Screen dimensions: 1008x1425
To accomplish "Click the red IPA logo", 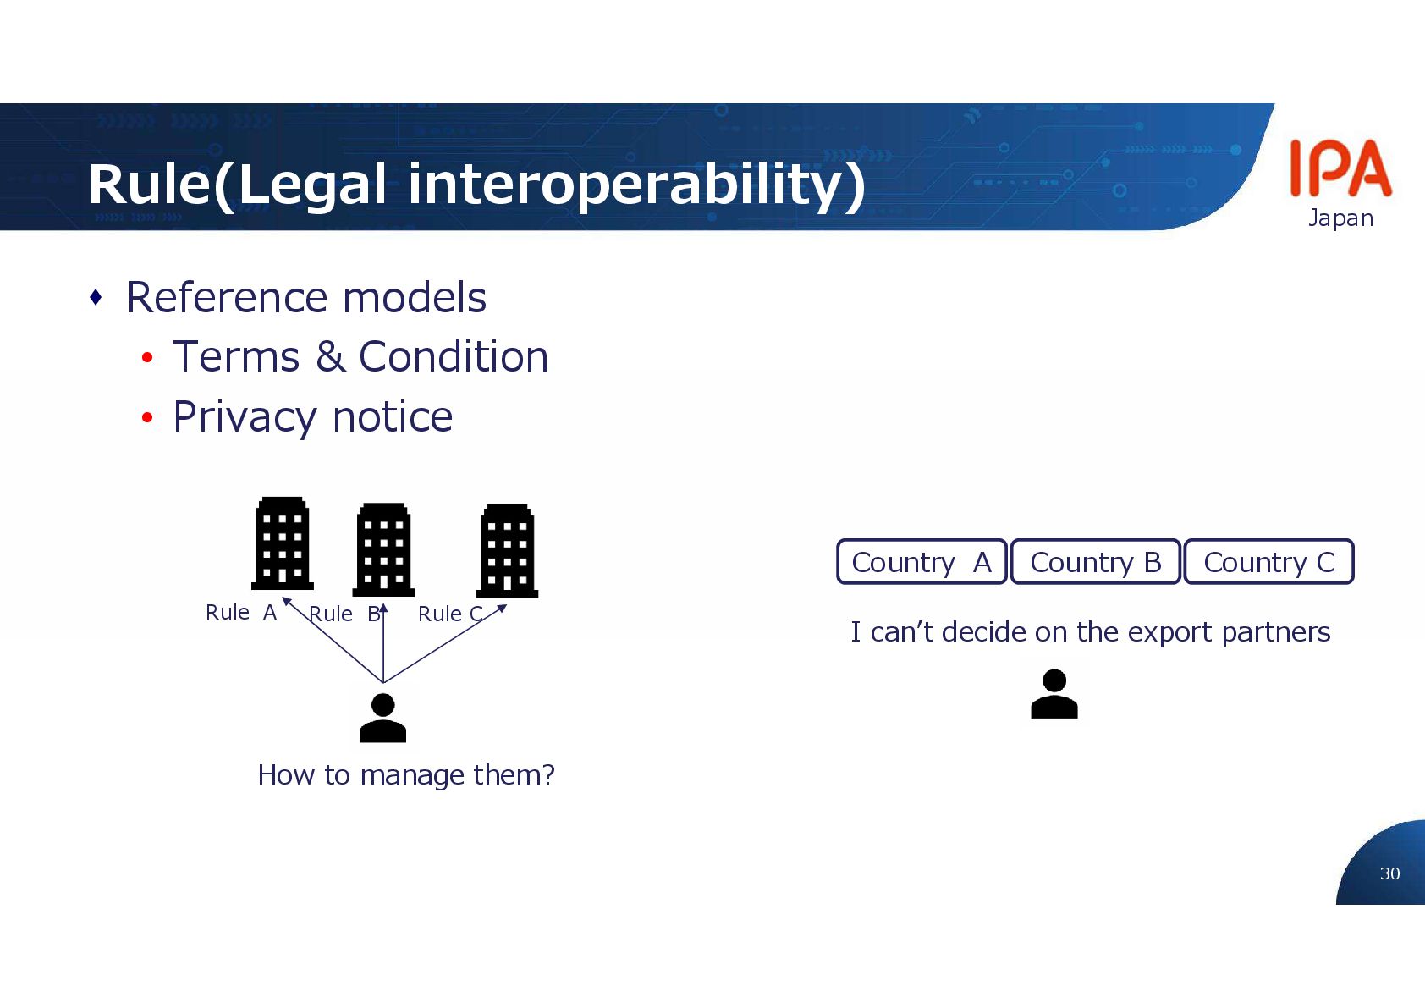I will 1340,168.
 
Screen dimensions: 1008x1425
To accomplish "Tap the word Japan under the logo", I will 1340,218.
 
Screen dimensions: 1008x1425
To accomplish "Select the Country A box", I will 922,562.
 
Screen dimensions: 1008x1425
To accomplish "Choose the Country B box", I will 1095,562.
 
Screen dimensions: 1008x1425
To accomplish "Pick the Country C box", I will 1268,562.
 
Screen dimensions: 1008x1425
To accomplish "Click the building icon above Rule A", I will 282,543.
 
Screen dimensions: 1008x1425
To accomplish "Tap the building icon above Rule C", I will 507,551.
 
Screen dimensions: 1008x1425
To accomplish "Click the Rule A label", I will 241,612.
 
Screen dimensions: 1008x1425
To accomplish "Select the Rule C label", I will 450,614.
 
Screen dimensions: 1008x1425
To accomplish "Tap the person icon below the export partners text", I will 1054,694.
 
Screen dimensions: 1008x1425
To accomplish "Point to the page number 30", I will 1389,873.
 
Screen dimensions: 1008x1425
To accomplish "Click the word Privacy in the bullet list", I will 245,417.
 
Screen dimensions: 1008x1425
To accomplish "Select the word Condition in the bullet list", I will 454,356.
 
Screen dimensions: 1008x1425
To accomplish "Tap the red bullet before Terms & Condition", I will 147,358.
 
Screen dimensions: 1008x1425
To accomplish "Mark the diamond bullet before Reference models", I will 96,297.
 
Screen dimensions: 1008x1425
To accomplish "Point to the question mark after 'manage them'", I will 548,774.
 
